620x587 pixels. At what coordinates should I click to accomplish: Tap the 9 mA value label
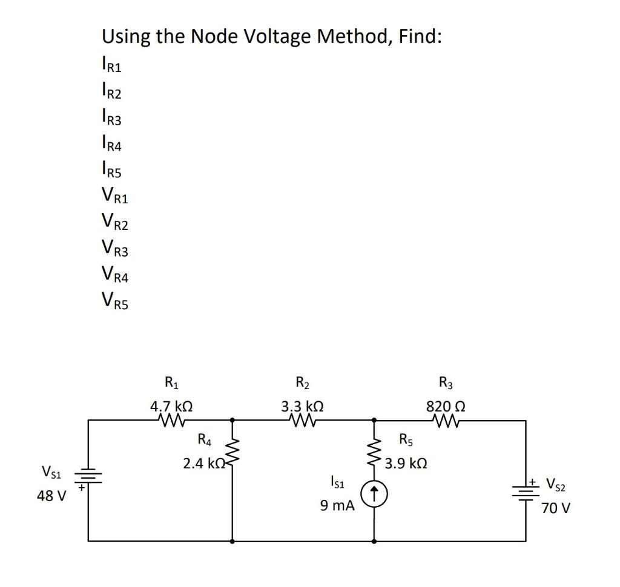[x=337, y=505]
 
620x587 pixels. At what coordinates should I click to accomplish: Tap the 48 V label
[x=51, y=496]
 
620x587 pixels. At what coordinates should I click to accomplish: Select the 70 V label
[x=555, y=508]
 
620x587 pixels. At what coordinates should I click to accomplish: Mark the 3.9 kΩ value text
[x=406, y=464]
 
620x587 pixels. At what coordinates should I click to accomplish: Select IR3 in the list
[x=111, y=118]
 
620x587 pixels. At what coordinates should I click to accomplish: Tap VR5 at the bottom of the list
[x=114, y=300]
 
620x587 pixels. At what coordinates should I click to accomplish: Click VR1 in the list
[x=114, y=197]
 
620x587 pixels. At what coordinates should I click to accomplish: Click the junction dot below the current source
[x=374, y=540]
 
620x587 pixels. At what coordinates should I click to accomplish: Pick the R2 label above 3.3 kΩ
[x=302, y=383]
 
